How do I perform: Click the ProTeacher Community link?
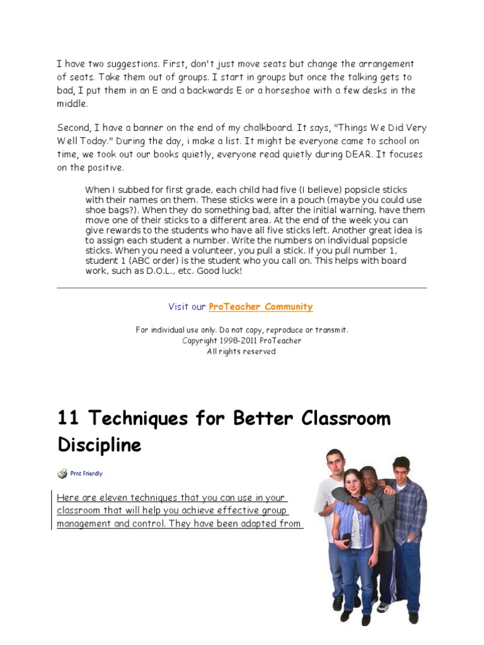(260, 307)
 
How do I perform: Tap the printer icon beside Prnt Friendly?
(62, 474)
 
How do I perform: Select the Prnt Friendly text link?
(86, 474)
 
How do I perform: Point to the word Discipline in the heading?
(100, 445)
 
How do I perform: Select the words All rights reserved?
(241, 351)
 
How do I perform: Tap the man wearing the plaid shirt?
(406, 504)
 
